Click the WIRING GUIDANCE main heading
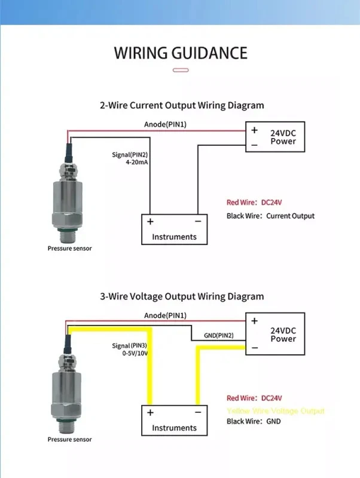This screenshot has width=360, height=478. pyautogui.click(x=180, y=53)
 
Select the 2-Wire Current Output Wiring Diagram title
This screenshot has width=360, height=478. pyautogui.click(x=181, y=105)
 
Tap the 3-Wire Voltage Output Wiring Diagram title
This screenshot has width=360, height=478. pyautogui.click(x=181, y=296)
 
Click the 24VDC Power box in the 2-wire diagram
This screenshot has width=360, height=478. pyautogui.click(x=274, y=137)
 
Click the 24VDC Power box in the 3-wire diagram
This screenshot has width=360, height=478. pyautogui.click(x=274, y=334)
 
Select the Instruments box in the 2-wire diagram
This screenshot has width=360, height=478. pyautogui.click(x=174, y=229)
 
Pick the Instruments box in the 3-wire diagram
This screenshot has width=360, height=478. pyautogui.click(x=174, y=421)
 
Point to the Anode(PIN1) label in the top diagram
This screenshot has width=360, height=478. pyautogui.click(x=166, y=125)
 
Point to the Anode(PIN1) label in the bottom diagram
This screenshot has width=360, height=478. pyautogui.click(x=166, y=315)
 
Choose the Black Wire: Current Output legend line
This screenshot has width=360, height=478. pyautogui.click(x=270, y=216)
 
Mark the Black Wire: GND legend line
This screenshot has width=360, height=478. pyautogui.click(x=254, y=421)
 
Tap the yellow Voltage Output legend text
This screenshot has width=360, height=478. pyautogui.click(x=276, y=411)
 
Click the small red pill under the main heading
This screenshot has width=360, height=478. pyautogui.click(x=180, y=70)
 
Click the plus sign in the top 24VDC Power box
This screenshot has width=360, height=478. pyautogui.click(x=254, y=130)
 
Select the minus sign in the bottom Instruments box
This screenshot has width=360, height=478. pyautogui.click(x=197, y=412)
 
